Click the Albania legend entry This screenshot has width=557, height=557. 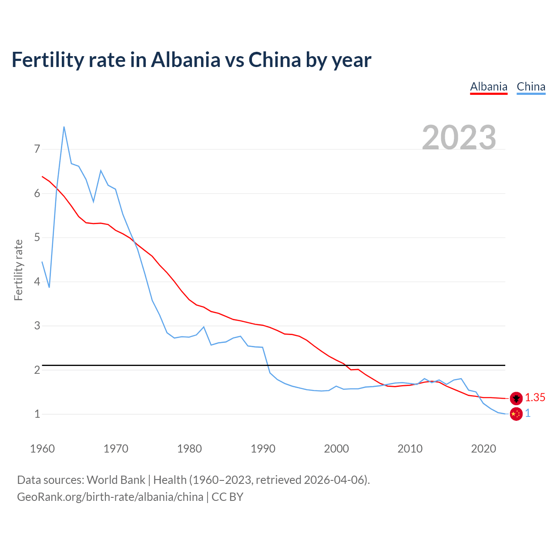click(x=489, y=87)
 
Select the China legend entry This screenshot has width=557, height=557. click(x=531, y=87)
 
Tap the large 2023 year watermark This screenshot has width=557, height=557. click(x=459, y=138)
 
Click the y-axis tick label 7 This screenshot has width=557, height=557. click(x=37, y=149)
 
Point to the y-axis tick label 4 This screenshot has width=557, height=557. click(x=37, y=282)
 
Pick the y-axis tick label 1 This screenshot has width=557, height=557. click(x=37, y=414)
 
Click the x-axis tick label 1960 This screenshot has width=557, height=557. click(x=42, y=449)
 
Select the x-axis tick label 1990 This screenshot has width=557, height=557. click(x=263, y=449)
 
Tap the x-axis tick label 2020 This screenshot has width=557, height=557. click(x=483, y=449)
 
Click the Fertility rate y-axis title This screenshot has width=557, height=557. click(x=18, y=270)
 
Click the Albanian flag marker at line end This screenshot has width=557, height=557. click(x=516, y=398)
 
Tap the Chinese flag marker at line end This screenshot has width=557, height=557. click(x=516, y=414)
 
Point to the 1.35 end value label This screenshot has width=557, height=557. click(x=535, y=397)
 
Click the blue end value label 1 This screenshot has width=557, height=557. click(x=528, y=413)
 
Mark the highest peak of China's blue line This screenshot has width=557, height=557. click(x=64, y=127)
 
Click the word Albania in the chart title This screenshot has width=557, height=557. click(x=186, y=60)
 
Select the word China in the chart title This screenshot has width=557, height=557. click(x=275, y=60)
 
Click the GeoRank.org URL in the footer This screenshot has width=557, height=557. click(x=110, y=497)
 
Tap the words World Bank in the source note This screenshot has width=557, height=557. click(x=116, y=480)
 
